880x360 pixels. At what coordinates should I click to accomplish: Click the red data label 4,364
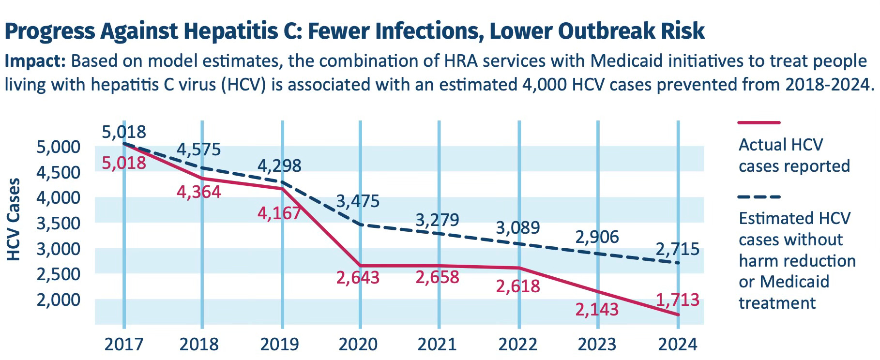click(198, 192)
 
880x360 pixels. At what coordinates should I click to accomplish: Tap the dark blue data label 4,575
click(198, 150)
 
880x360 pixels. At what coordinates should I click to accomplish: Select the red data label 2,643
click(357, 278)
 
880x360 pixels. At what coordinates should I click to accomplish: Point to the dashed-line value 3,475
click(357, 201)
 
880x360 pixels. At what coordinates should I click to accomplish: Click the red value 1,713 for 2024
click(677, 300)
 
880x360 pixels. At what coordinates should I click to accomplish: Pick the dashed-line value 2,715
click(677, 249)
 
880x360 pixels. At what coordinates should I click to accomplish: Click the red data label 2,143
click(597, 309)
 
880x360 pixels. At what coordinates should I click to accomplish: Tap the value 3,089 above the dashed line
click(517, 227)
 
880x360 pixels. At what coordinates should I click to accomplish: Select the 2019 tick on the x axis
click(279, 345)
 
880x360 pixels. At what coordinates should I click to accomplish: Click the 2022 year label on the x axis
click(517, 345)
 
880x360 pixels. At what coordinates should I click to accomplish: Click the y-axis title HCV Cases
click(15, 219)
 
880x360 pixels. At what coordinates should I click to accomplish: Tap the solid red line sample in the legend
click(759, 123)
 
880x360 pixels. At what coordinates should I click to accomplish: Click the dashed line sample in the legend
click(759, 197)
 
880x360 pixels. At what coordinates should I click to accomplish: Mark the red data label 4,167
click(279, 213)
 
